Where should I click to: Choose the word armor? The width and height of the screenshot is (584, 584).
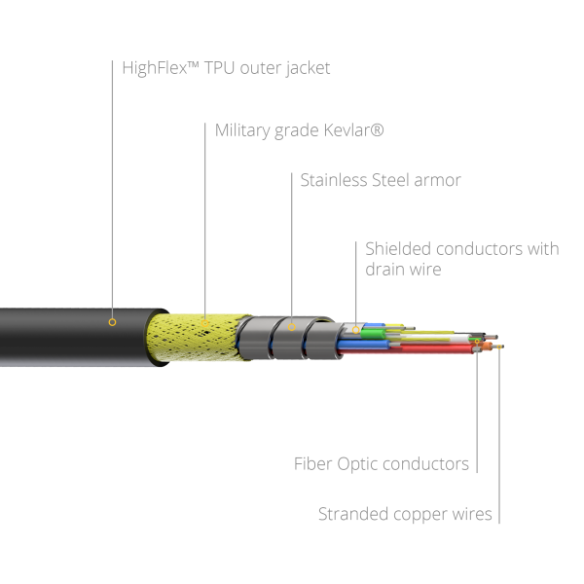click(x=436, y=180)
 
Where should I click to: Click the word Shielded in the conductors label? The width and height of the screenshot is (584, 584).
click(x=398, y=248)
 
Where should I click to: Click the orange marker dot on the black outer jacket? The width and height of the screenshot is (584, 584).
click(x=112, y=321)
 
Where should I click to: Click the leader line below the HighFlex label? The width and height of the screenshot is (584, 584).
click(x=112, y=195)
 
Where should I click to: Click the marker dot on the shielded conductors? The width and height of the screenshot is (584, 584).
click(x=358, y=328)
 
